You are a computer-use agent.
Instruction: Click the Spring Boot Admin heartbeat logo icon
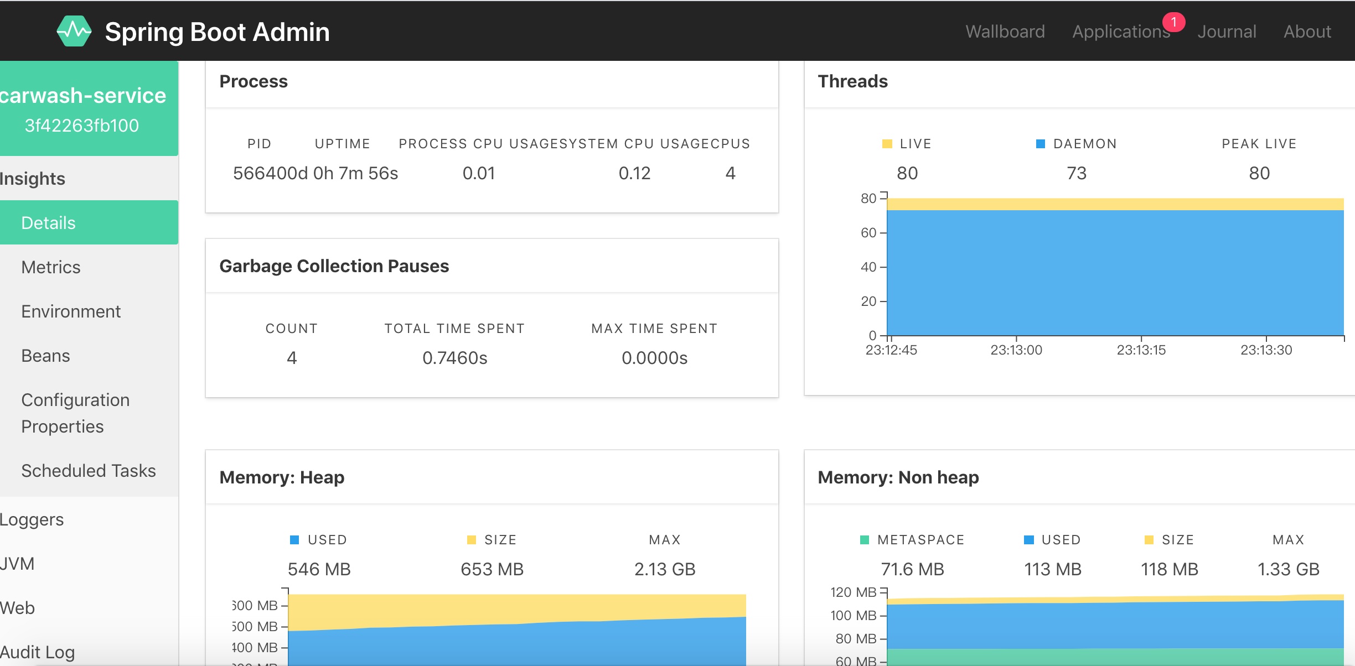(x=74, y=31)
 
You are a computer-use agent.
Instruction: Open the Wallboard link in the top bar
(x=1005, y=32)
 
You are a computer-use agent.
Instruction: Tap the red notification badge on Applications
(x=1173, y=22)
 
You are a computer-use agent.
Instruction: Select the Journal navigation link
(x=1227, y=32)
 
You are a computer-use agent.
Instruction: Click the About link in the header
(x=1307, y=32)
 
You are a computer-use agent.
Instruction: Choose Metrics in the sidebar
(x=51, y=267)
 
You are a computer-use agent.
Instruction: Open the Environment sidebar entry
(x=71, y=311)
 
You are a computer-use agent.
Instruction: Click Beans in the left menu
(x=45, y=356)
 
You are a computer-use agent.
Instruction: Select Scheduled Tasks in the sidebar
(x=89, y=471)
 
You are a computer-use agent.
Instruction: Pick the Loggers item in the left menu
(x=32, y=519)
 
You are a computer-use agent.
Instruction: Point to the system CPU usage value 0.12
(x=634, y=173)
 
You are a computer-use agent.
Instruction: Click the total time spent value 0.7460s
(x=454, y=358)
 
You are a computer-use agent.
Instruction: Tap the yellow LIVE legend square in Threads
(x=887, y=144)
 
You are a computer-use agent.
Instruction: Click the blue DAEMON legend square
(x=1040, y=144)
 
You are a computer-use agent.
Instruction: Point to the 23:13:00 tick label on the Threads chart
(x=1016, y=350)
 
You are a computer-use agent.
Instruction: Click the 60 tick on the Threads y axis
(x=868, y=233)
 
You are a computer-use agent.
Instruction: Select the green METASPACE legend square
(x=864, y=540)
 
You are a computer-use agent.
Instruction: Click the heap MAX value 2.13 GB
(x=664, y=569)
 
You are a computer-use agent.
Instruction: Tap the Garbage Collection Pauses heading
(x=334, y=266)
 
